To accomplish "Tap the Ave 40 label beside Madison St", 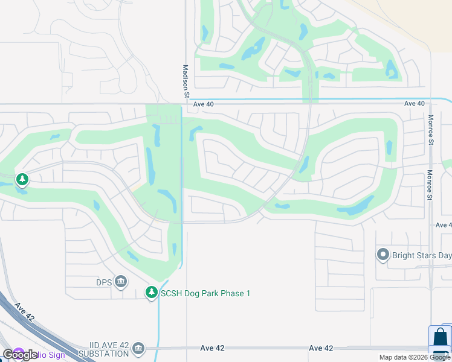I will tap(204, 104).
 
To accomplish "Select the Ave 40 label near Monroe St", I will tap(414, 104).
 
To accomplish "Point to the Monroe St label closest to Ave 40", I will tap(431, 130).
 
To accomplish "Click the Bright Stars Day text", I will tap(421, 255).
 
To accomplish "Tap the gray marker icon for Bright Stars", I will tap(382, 255).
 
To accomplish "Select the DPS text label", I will tap(104, 281).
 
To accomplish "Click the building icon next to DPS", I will tap(120, 282).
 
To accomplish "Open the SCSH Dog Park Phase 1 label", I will tap(205, 293).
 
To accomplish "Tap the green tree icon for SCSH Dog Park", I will tap(151, 293).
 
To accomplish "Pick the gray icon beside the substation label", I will tap(138, 349).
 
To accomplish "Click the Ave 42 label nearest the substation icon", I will tap(212, 348).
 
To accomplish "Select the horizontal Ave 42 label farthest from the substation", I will tap(321, 348).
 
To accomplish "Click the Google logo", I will tap(20, 355).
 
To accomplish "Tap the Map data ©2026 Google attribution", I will tap(415, 357).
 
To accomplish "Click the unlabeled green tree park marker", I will tap(22, 179).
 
